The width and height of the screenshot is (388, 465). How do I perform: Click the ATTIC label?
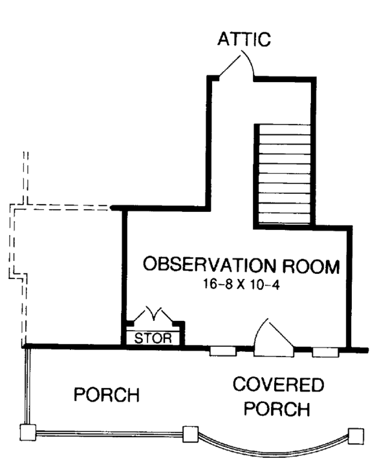pyautogui.click(x=244, y=39)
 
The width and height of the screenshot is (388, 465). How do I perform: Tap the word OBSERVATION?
pyautogui.click(x=210, y=265)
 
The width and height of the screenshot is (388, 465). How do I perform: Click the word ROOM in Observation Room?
pyautogui.click(x=311, y=266)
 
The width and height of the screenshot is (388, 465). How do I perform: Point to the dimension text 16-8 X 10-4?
pyautogui.click(x=241, y=284)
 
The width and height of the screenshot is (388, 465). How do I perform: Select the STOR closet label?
pyautogui.click(x=153, y=338)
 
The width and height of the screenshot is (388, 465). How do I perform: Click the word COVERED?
pyautogui.click(x=278, y=384)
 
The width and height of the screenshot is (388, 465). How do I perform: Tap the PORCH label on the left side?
pyautogui.click(x=107, y=395)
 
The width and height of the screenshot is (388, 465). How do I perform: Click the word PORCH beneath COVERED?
pyautogui.click(x=277, y=409)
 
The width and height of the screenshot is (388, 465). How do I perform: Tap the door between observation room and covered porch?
pyautogui.click(x=274, y=338)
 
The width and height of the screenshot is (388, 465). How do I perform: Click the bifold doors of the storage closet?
pyautogui.click(x=153, y=315)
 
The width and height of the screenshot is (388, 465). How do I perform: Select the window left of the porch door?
pyautogui.click(x=223, y=351)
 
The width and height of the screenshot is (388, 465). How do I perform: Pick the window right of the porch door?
pyautogui.click(x=325, y=352)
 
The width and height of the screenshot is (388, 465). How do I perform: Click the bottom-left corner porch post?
pyautogui.click(x=28, y=432)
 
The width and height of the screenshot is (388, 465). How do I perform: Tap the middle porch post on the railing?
pyautogui.click(x=190, y=435)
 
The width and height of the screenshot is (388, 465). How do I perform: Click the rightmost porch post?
pyautogui.click(x=356, y=436)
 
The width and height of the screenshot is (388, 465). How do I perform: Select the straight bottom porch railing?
pyautogui.click(x=109, y=433)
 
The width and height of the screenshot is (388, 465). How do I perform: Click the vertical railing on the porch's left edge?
pyautogui.click(x=28, y=386)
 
